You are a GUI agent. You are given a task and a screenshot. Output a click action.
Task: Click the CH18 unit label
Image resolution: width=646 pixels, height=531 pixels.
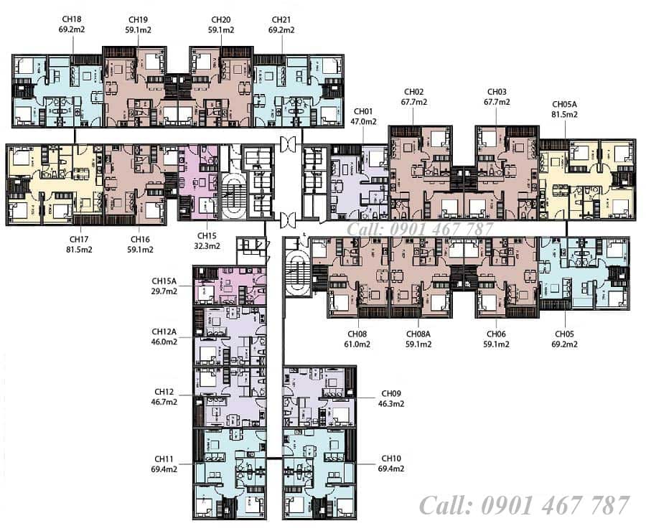[72, 19]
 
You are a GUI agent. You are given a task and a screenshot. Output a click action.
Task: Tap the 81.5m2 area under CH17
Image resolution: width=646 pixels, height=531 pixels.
[79, 250]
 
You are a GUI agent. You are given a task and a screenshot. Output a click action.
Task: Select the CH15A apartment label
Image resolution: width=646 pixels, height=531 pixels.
[164, 281]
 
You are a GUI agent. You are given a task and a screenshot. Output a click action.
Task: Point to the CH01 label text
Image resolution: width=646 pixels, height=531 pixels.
[363, 111]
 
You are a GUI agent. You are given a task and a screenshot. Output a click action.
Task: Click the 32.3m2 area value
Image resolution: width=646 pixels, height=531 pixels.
[207, 246]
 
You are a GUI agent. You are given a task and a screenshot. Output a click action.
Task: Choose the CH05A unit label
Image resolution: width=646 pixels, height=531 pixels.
[564, 104]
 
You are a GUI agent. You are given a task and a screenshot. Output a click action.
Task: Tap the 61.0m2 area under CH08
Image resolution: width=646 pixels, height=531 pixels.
[357, 344]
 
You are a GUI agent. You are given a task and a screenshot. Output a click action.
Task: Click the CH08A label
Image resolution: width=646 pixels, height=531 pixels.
[418, 334]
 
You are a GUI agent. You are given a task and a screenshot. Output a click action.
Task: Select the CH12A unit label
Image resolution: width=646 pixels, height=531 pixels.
[164, 332]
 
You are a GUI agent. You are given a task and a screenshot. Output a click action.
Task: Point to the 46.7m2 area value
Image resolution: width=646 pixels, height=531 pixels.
[164, 402]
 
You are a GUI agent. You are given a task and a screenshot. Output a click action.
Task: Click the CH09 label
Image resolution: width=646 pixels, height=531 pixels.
[391, 393]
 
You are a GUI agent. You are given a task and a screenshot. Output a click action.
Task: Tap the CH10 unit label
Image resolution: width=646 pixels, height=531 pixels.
[391, 459]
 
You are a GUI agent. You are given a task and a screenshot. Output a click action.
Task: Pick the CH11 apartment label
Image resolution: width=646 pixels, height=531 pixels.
[164, 459]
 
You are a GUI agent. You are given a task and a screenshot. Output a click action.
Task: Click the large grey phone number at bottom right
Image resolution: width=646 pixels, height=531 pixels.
[525, 505]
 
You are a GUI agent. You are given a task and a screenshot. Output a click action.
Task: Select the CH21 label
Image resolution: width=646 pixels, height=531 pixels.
[281, 20]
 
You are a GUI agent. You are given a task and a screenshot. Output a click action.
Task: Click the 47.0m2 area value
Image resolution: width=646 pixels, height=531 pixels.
[363, 121]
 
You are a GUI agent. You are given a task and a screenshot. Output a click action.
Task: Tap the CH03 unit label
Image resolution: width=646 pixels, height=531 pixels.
[497, 92]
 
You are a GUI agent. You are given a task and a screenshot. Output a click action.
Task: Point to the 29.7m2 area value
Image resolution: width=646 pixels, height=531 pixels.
[164, 291]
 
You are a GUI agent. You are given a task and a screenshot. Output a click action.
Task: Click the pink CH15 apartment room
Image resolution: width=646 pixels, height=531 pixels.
[199, 182]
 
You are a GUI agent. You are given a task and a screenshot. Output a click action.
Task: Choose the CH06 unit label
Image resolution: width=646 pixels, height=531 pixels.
[496, 334]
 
